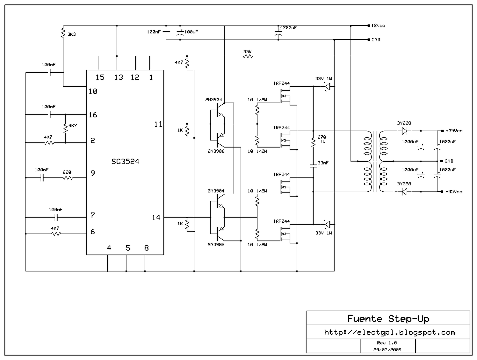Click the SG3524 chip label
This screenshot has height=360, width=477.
[125, 162]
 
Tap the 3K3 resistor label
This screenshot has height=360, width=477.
[72, 34]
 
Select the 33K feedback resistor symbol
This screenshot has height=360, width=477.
[247, 56]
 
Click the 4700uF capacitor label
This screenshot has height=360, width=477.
[288, 28]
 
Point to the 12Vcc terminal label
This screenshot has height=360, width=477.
[378, 26]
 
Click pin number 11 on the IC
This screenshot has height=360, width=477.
[158, 124]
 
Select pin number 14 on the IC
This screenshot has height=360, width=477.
[156, 218]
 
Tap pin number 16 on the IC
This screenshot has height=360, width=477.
[93, 115]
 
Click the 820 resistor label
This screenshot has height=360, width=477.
[67, 172]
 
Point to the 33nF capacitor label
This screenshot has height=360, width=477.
[323, 163]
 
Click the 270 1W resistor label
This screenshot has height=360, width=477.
[322, 139]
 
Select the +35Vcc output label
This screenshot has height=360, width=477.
[454, 131]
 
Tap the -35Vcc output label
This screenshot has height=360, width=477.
[454, 192]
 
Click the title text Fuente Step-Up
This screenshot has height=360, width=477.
[388, 319]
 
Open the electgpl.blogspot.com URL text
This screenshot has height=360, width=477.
[389, 332]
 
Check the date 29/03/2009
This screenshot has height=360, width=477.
[387, 350]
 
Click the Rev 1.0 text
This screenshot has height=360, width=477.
[387, 343]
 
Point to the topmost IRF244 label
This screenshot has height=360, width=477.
[281, 83]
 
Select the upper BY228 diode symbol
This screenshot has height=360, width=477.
[405, 131]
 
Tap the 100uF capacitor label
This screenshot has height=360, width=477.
[191, 32]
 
